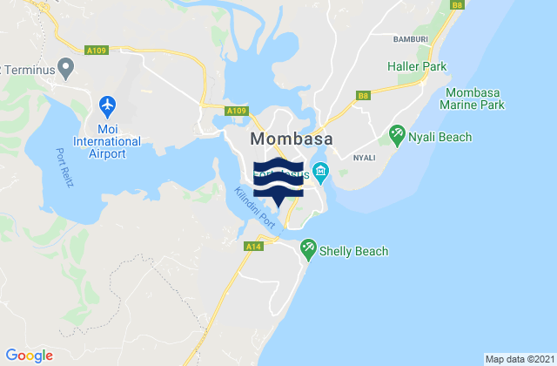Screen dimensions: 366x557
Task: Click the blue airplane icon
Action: pos(108,105)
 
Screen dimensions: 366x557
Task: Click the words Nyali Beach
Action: pos(443,137)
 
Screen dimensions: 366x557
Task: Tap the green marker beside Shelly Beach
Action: pos(309,249)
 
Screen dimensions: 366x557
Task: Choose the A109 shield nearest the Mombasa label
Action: pos(235,112)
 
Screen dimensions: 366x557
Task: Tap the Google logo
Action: pos(30,356)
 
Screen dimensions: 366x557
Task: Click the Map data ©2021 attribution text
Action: pos(518,359)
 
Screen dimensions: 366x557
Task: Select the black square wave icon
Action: pos(278,181)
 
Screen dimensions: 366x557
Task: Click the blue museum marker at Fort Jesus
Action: pos(321,170)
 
